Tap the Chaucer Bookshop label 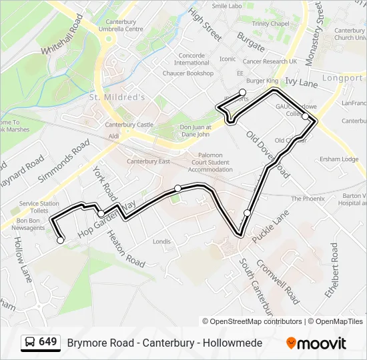click(x=188, y=73)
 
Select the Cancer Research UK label click(x=270, y=61)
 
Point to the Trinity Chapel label click(x=270, y=23)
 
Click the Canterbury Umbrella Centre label click(x=119, y=25)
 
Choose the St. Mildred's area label click(x=117, y=97)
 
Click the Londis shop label click(x=162, y=241)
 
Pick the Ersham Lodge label click(x=338, y=159)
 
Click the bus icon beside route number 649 click(x=30, y=343)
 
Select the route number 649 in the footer click(x=47, y=342)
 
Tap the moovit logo click(x=316, y=343)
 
